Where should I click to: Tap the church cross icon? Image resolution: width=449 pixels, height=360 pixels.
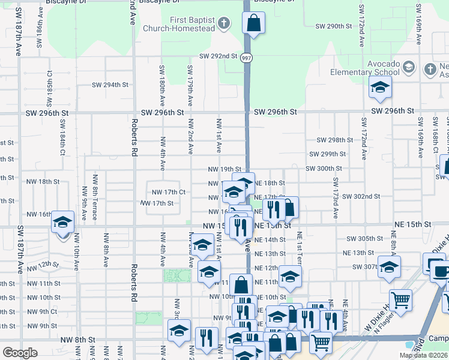pos(223,24)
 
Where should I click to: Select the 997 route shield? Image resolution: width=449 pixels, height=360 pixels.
pos(246,58)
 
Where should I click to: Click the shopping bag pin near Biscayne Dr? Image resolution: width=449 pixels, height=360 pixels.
pos(253,23)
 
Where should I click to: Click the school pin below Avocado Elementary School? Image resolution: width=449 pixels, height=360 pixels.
pos(380,88)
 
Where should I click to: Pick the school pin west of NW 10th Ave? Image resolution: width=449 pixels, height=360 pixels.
pos(62,223)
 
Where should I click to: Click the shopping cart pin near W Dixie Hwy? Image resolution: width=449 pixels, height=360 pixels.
pos(400,300)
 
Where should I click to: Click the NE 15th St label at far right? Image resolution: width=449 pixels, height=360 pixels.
pos(413,224)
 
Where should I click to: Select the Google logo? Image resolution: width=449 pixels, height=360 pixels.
pos(20,353)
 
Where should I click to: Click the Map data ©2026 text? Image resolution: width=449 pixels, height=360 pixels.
pos(423,355)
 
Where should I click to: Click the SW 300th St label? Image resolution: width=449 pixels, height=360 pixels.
pos(324,169)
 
